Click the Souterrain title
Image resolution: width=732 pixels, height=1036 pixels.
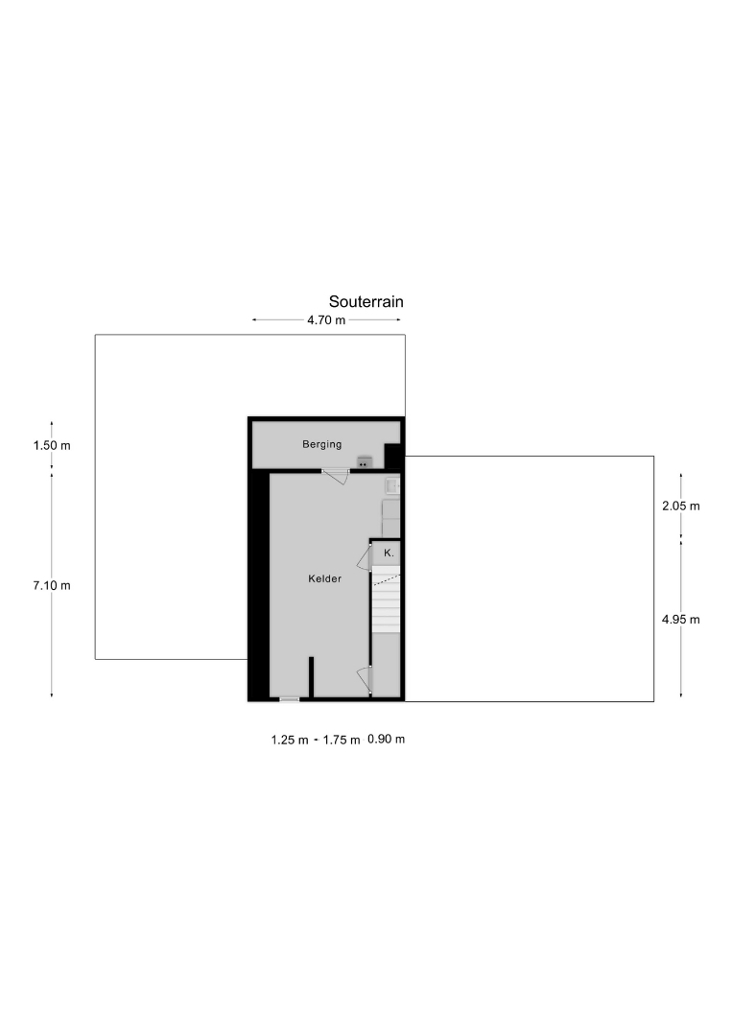(x=366, y=301)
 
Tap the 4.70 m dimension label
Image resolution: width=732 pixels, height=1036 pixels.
(x=326, y=320)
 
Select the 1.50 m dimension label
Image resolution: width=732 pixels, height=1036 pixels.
(x=52, y=445)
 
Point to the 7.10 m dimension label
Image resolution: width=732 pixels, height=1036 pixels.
(x=52, y=585)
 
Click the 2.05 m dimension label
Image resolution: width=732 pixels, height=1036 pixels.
(x=681, y=506)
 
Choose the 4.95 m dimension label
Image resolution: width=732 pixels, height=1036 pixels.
(x=681, y=619)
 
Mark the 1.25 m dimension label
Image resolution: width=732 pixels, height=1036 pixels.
(x=290, y=740)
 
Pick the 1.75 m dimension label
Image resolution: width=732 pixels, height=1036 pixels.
(x=342, y=740)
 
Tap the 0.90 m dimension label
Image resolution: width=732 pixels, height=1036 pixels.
(x=387, y=739)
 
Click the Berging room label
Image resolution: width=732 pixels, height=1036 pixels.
(x=322, y=444)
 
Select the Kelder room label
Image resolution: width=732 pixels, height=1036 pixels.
(x=325, y=578)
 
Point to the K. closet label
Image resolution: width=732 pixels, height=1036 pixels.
(x=389, y=553)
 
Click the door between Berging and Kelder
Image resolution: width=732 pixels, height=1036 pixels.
(x=337, y=475)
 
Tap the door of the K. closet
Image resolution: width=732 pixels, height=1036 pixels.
(x=365, y=557)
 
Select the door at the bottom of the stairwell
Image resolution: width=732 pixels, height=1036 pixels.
(x=365, y=680)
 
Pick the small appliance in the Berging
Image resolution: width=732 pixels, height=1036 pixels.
(x=364, y=461)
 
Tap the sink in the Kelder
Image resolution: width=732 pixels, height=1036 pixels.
(x=392, y=486)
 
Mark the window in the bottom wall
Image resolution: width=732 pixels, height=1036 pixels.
(x=290, y=699)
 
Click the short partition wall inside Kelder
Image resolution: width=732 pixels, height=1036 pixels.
(x=311, y=676)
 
